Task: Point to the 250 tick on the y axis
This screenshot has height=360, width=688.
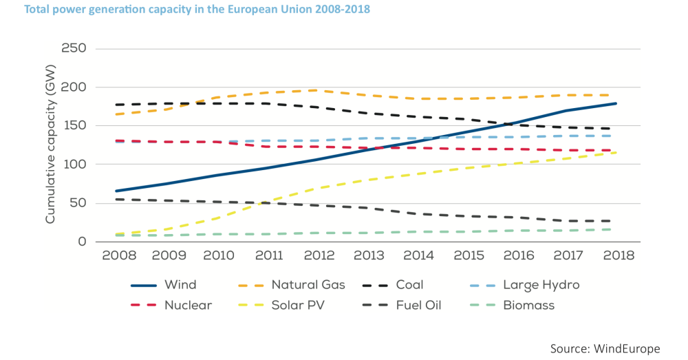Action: click(x=74, y=49)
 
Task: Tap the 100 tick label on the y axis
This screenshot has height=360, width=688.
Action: click(x=74, y=165)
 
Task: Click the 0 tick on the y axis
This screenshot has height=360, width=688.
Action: click(x=81, y=242)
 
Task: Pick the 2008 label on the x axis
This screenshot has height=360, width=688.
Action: click(x=119, y=256)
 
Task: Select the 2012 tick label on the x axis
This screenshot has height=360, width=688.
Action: click(x=321, y=256)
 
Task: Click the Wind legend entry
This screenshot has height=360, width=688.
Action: click(x=180, y=284)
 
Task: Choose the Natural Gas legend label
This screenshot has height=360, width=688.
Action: click(x=308, y=284)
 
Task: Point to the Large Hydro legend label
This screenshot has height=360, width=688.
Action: click(x=541, y=284)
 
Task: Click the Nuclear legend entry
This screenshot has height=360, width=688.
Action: click(x=188, y=305)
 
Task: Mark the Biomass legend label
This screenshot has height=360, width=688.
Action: click(x=528, y=305)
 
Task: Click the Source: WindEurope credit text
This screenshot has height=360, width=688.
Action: click(x=605, y=348)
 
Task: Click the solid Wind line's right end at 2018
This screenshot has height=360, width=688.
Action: click(x=615, y=103)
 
